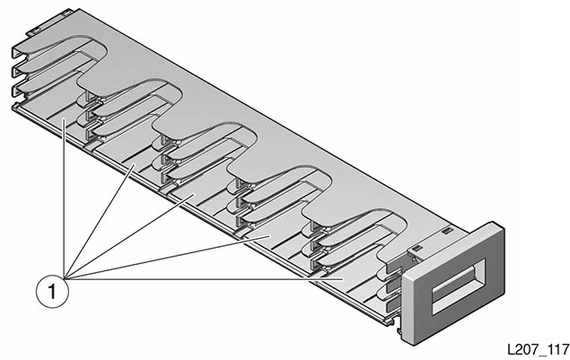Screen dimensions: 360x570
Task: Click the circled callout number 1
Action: (51, 290)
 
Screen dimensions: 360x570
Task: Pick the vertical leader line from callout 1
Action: (64, 198)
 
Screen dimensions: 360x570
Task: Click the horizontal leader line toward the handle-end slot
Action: (206, 278)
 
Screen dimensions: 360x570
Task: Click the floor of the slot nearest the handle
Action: (346, 279)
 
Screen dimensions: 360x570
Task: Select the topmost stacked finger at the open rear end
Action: (20, 47)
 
